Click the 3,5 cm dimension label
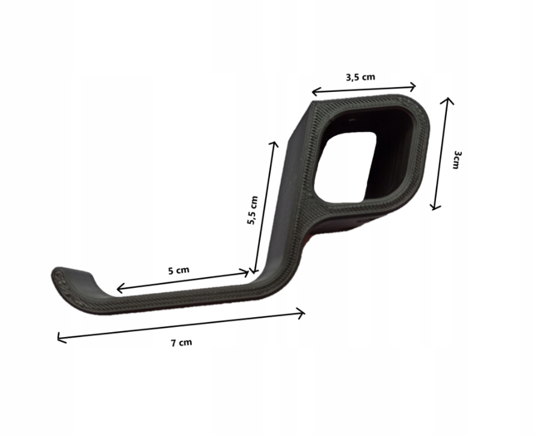point(360,78)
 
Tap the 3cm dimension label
point(457,160)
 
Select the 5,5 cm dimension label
point(253,210)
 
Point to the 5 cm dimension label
point(179,270)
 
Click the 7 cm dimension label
point(181,342)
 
